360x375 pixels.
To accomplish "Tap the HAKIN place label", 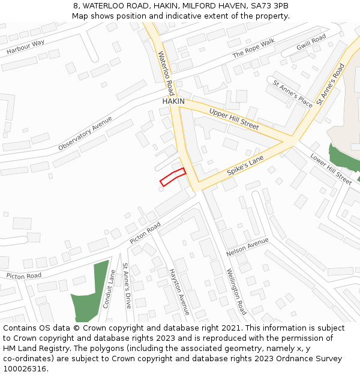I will pos(173,101).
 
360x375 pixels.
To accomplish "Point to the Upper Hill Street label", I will pos(234,119).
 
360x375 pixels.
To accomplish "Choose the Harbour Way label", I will pos(26,47).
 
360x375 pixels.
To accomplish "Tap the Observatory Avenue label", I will pos(85,133).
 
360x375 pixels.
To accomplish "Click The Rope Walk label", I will pos(253,48).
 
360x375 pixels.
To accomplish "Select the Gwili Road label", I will pos(311,42).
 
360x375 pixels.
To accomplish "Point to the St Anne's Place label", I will pos(293,94).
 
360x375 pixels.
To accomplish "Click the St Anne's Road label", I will pos(331,85).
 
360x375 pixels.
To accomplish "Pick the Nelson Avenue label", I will pos(248,247).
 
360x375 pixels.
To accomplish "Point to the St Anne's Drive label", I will pos(127,286).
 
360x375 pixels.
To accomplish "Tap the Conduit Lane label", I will pos(109,289).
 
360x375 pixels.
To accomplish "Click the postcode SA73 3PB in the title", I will pos(268,5).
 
